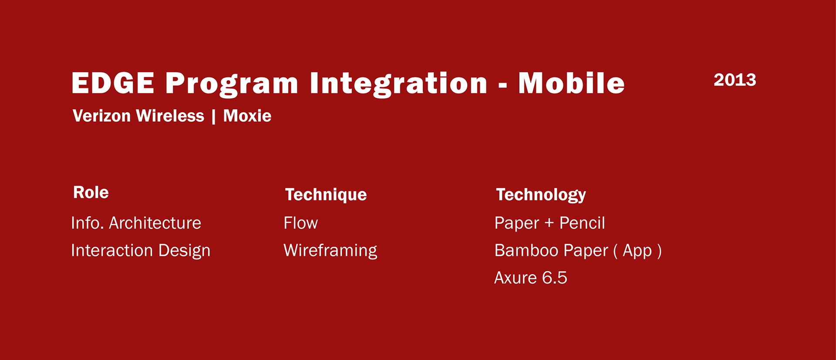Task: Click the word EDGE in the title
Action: [113, 83]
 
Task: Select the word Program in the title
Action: [232, 84]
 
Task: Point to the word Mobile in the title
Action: [571, 83]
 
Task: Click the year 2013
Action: [735, 80]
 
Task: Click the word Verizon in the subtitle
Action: [102, 116]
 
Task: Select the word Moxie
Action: [247, 116]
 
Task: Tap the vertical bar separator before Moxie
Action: [214, 117]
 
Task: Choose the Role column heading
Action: [91, 192]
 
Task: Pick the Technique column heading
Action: [326, 195]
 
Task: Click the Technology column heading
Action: [541, 195]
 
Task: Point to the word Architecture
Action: [155, 223]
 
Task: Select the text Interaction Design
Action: [141, 251]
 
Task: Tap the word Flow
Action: [301, 223]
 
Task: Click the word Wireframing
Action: [330, 251]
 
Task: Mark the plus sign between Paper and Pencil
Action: [549, 223]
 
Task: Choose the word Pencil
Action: [582, 223]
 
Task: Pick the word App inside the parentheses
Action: [637, 251]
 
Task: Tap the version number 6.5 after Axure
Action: [555, 278]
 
